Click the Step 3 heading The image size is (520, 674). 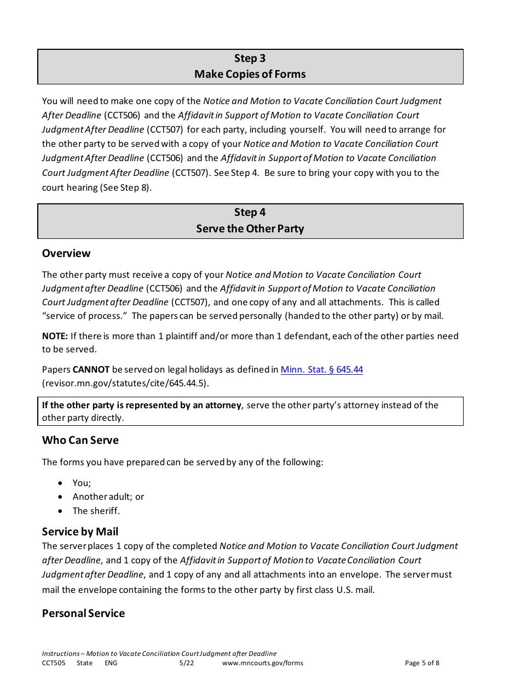click(x=250, y=59)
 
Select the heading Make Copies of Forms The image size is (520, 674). click(x=250, y=74)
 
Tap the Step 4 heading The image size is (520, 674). click(x=250, y=213)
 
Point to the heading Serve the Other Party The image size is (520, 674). click(x=250, y=229)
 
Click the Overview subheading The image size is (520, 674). click(x=66, y=253)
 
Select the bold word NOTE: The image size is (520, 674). click(x=55, y=336)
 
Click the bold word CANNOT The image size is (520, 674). click(x=91, y=369)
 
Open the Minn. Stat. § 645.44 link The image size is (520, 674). click(x=321, y=369)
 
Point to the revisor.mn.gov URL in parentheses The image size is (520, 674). click(x=125, y=384)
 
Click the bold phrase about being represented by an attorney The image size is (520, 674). click(x=142, y=405)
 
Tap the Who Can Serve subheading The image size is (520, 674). click(x=80, y=440)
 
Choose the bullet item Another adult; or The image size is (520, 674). click(x=108, y=496)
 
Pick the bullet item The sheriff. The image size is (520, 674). click(x=96, y=511)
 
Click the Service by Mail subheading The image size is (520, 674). click(x=80, y=532)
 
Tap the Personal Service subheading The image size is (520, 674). click(x=83, y=613)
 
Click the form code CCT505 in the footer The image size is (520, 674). click(x=53, y=663)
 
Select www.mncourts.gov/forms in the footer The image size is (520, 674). click(x=262, y=663)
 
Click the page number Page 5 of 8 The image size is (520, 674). click(x=421, y=663)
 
